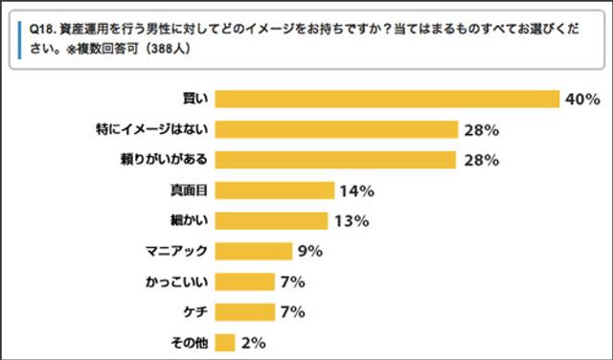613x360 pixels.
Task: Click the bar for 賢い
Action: click(x=387, y=99)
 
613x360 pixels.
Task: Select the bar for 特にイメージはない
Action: click(x=335, y=129)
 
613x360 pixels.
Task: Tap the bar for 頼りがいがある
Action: click(x=335, y=160)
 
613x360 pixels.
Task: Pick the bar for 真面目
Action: click(x=275, y=191)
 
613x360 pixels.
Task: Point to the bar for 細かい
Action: click(x=271, y=221)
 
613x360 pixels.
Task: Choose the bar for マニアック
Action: click(x=254, y=251)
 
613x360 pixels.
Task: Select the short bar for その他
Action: click(x=225, y=342)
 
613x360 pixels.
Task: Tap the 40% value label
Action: click(x=581, y=100)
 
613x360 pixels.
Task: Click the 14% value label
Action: click(x=355, y=191)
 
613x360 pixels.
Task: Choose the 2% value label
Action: click(x=254, y=342)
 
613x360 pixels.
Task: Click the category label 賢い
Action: click(x=195, y=99)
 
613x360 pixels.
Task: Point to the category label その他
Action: click(x=190, y=342)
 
